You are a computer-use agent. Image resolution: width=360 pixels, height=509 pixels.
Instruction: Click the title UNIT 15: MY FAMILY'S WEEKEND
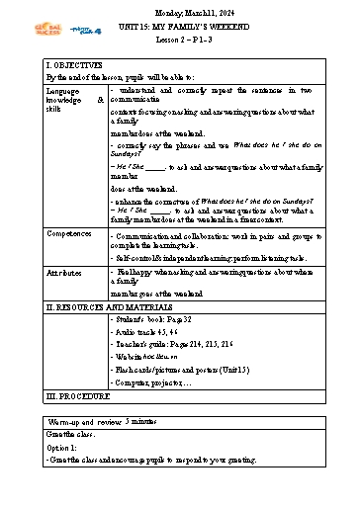(180, 23)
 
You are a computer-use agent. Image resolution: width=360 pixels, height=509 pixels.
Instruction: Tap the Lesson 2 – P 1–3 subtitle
(180, 35)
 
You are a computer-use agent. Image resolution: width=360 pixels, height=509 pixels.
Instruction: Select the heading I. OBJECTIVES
(53, 65)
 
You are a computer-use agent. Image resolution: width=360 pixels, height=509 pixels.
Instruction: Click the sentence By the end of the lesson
(120, 76)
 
